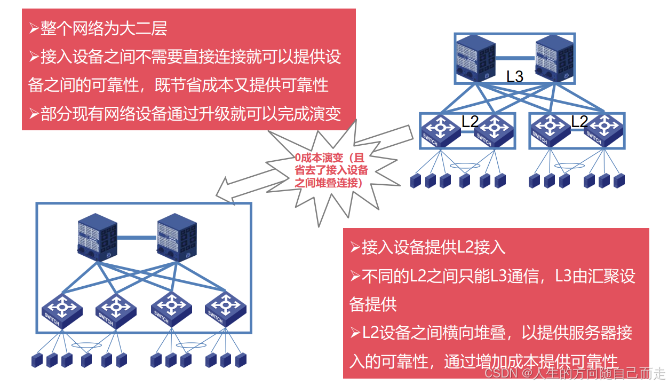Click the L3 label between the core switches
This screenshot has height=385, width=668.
(x=515, y=76)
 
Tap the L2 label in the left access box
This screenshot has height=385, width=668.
(x=470, y=121)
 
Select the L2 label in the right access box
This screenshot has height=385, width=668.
(x=579, y=121)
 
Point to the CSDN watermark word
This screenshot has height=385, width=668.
(x=501, y=373)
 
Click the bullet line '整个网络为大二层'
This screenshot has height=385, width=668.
(x=104, y=28)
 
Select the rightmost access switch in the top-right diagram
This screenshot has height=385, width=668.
(x=605, y=130)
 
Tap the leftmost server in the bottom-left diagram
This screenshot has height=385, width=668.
(x=37, y=359)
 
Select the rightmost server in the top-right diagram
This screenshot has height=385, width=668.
(x=619, y=180)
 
